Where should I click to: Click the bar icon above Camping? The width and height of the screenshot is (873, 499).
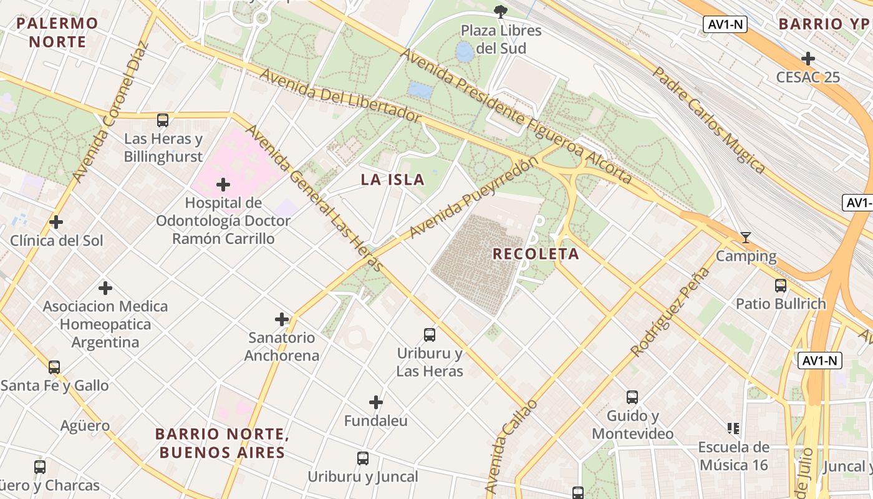click(x=745, y=237)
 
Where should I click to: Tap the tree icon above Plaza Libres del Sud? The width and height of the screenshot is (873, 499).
click(x=500, y=11)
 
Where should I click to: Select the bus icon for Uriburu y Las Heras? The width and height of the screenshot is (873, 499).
click(x=430, y=334)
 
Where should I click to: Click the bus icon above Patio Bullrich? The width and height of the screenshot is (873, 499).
click(x=780, y=285)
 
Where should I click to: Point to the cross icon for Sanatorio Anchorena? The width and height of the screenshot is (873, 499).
click(x=282, y=319)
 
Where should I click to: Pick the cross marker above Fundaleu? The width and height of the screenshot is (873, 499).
click(x=376, y=402)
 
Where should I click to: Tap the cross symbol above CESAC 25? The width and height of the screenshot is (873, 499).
click(x=808, y=59)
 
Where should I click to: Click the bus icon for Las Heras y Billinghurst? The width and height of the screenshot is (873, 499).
click(x=163, y=120)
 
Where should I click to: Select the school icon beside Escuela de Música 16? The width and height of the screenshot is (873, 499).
click(x=733, y=428)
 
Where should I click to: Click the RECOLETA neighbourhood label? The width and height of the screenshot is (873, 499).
click(x=536, y=254)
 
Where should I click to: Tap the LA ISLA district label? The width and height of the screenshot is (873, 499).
click(x=393, y=180)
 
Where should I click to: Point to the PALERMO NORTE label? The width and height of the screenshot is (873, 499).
click(x=57, y=32)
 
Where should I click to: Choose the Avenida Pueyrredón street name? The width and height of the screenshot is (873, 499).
click(x=473, y=198)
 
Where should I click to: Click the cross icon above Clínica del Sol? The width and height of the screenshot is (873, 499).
click(x=56, y=221)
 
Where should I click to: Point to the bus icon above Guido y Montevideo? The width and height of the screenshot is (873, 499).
click(x=632, y=397)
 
